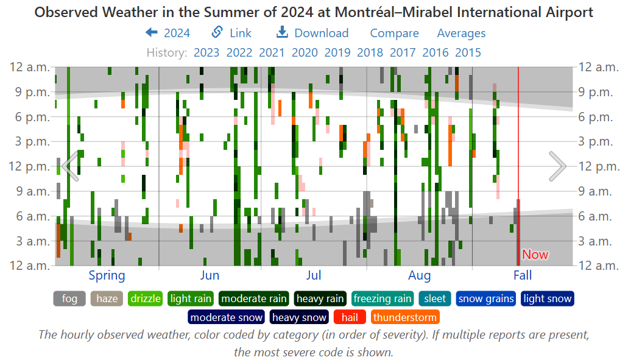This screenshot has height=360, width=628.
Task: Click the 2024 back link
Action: [168, 34]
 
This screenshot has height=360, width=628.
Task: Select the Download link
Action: [312, 34]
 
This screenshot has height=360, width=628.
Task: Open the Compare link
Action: [394, 34]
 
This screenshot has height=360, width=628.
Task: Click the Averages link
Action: [461, 34]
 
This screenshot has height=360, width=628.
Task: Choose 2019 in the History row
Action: [337, 52]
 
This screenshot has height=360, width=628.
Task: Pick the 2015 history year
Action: [468, 52]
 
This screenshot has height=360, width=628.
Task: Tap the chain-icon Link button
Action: [231, 34]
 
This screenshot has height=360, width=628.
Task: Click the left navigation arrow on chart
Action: [70, 166]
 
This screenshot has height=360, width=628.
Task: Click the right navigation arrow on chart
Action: [557, 166]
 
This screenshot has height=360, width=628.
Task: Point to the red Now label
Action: [535, 255]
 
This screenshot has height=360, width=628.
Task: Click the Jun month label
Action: [210, 275]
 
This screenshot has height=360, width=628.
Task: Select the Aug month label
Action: [419, 275]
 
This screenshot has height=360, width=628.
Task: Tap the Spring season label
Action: [107, 275]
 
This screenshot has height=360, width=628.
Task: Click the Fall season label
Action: [522, 275]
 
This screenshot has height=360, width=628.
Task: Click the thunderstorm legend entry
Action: [404, 317]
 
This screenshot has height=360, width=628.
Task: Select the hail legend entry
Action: [350, 317]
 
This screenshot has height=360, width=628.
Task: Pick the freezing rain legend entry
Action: [382, 299]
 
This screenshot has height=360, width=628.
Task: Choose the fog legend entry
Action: [69, 299]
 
